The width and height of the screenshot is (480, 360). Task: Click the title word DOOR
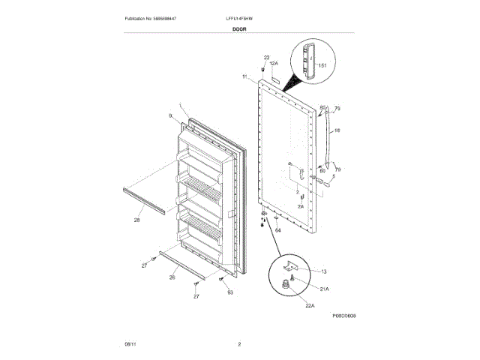pos(240,29)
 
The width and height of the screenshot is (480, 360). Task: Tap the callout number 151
pos(323,66)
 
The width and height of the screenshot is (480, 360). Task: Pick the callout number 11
pos(244,77)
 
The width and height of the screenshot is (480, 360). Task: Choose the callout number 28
pos(137,220)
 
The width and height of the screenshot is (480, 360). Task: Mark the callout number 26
pos(172,277)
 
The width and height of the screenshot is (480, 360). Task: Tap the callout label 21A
pos(325,289)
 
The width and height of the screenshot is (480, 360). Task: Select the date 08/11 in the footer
pos(130,344)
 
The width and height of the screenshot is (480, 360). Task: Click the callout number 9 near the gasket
pos(170,115)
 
